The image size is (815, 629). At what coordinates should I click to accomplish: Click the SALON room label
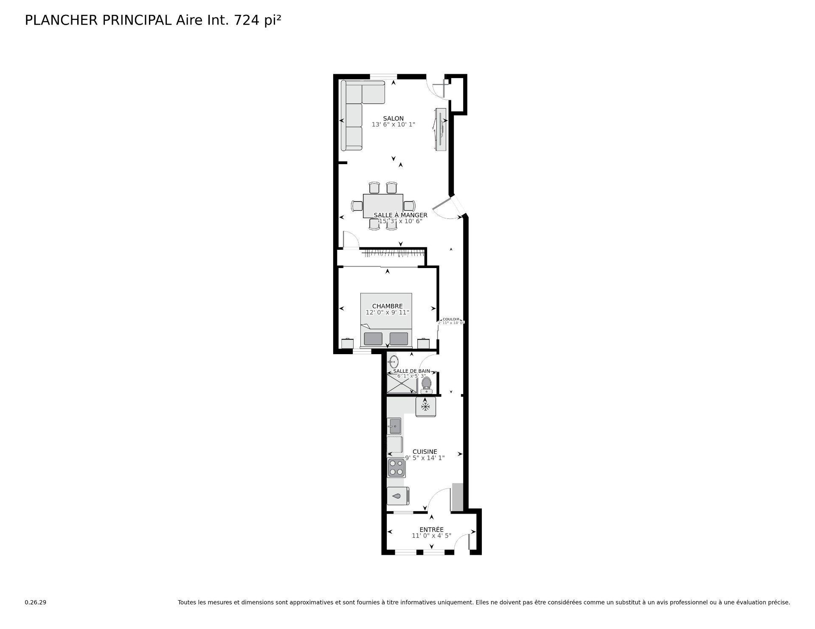click(393, 118)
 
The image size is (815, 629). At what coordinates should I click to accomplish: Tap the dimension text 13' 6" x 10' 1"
click(393, 125)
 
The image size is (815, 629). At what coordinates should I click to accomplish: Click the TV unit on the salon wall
click(441, 129)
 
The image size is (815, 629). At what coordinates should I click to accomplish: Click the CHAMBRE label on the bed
click(387, 306)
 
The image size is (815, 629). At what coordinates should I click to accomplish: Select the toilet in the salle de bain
click(426, 384)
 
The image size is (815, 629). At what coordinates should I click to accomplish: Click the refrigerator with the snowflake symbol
click(425, 407)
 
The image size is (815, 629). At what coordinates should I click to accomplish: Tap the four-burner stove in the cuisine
click(396, 468)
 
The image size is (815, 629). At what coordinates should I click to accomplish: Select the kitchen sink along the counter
click(394, 426)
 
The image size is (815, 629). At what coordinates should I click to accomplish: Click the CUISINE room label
click(424, 452)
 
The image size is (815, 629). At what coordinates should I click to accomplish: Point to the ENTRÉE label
click(431, 529)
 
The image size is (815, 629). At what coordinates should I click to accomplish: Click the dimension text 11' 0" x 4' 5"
click(431, 536)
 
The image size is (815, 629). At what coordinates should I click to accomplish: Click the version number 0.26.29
click(35, 602)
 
